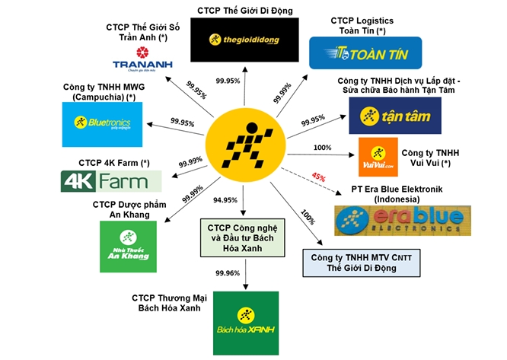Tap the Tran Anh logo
point(143,63)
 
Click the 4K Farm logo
point(111,181)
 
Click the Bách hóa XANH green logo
point(246,323)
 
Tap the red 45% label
point(318,177)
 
